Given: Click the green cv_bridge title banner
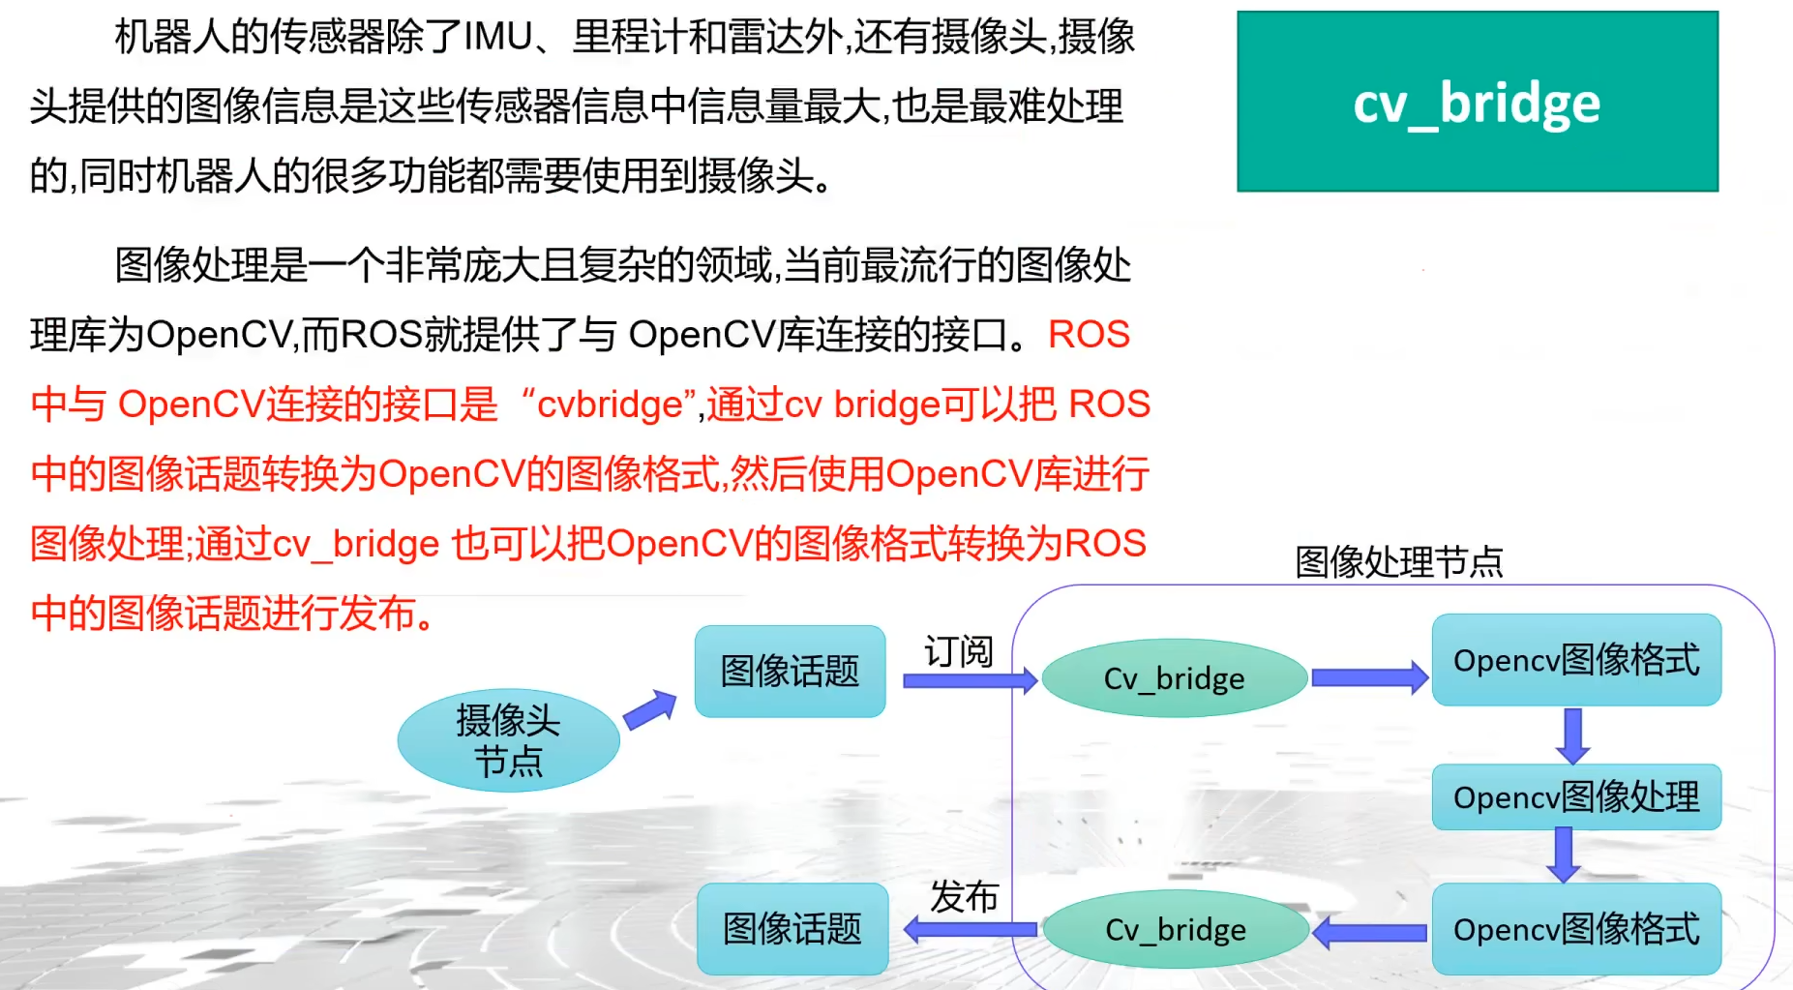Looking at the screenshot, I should [x=1477, y=102].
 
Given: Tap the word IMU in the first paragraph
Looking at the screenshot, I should [x=498, y=37].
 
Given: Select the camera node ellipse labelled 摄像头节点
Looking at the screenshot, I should [x=508, y=740].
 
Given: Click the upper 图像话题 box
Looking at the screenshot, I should [x=790, y=671].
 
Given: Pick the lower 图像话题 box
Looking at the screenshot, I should [x=792, y=929].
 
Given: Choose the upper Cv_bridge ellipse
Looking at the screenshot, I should [x=1174, y=678].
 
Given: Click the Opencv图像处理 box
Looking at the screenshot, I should [x=1575, y=797].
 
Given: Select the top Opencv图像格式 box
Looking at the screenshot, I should [x=1575, y=660].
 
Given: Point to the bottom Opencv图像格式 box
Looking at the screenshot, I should [x=1575, y=929].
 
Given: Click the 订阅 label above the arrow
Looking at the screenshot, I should [x=958, y=651].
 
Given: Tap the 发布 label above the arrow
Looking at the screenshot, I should [x=964, y=897].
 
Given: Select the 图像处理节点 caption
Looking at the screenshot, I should [x=1398, y=561].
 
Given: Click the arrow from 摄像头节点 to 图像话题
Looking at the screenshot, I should [x=649, y=709].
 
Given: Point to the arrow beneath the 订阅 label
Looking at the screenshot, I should [x=969, y=680].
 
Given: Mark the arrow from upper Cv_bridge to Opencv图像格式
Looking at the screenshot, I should [x=1368, y=677].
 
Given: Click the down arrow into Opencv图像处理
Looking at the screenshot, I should [x=1572, y=735].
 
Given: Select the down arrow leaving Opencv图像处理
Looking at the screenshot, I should [x=1563, y=855].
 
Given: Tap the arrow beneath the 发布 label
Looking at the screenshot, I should [x=970, y=930].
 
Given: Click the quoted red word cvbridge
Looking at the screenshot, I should [x=610, y=405].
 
